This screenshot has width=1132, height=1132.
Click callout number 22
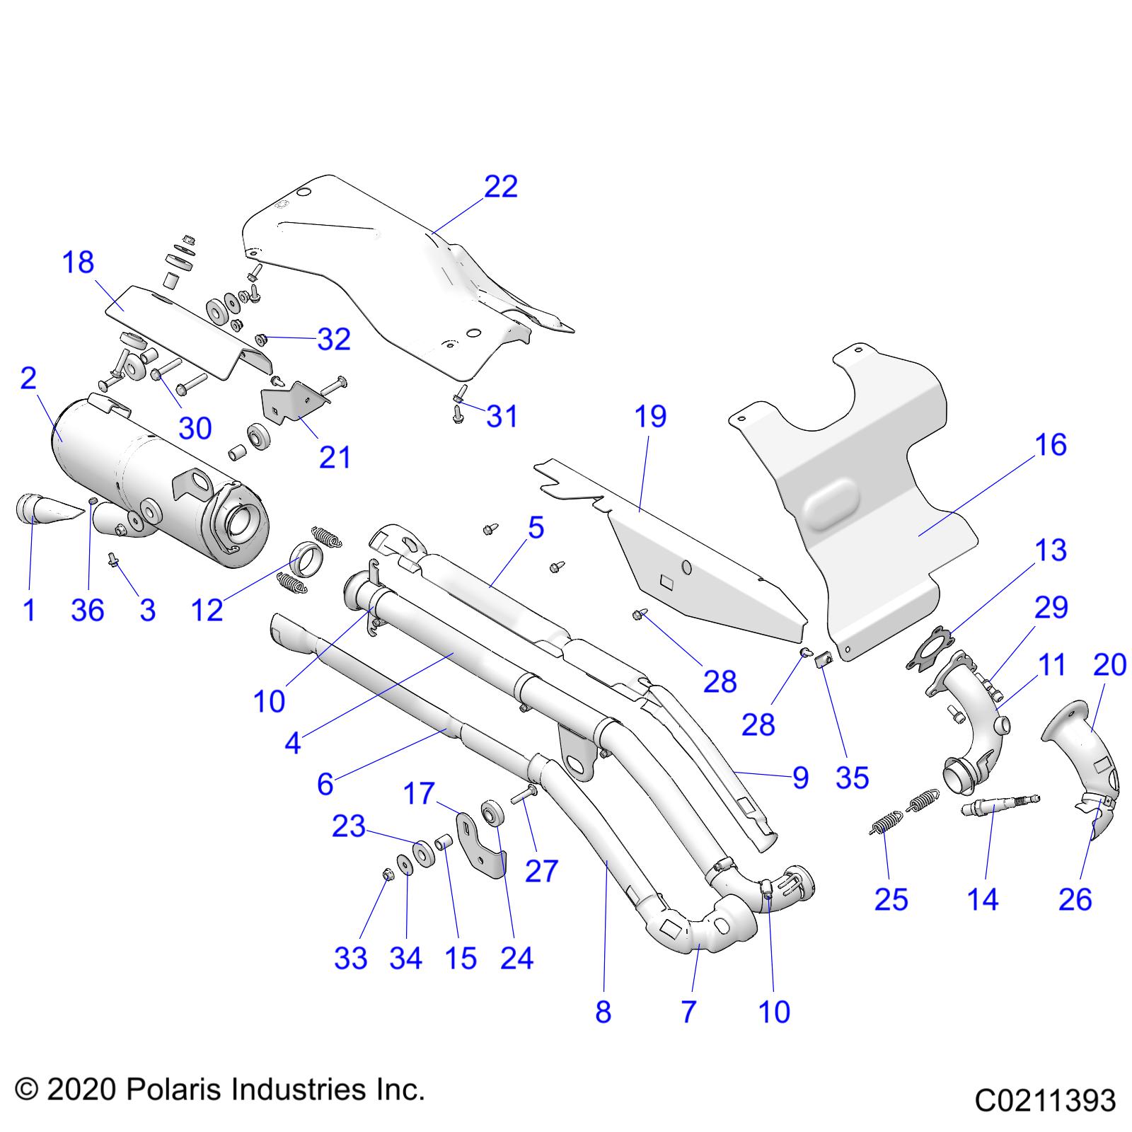[x=501, y=187]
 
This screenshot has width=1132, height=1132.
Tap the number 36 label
[x=88, y=610]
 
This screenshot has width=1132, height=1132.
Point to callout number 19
[x=650, y=417]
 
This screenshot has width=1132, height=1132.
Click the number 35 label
[x=852, y=778]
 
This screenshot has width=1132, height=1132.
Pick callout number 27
[x=542, y=871]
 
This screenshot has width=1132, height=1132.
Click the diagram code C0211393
[x=1045, y=1101]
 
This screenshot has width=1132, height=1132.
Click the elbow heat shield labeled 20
[x=1082, y=764]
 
